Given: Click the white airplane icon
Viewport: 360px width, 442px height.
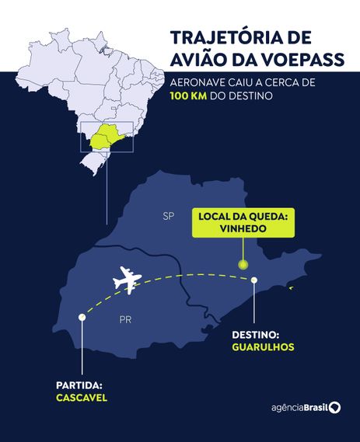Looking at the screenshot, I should pyautogui.click(x=127, y=280).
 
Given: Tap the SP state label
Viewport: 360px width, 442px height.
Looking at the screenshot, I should pyautogui.click(x=168, y=215).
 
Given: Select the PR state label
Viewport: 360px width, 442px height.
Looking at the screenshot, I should pyautogui.click(x=125, y=319).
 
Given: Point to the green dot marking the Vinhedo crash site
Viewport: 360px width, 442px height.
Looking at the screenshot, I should pyautogui.click(x=243, y=265).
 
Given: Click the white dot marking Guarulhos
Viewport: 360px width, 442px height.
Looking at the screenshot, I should pyautogui.click(x=253, y=282).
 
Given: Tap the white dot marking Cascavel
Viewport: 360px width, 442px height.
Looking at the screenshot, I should pyautogui.click(x=82, y=316).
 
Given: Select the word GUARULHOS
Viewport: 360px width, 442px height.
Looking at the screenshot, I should pyautogui.click(x=263, y=347).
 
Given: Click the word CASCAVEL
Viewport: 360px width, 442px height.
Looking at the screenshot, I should pyautogui.click(x=81, y=397).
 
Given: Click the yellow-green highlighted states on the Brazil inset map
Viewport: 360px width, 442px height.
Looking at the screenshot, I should pyautogui.click(x=107, y=137).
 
